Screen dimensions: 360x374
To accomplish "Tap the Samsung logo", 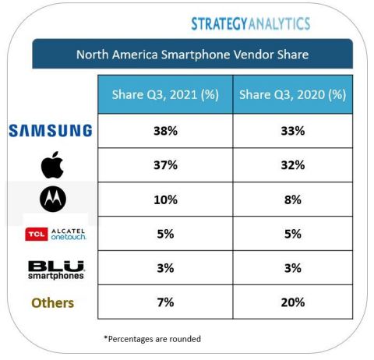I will point(51,131).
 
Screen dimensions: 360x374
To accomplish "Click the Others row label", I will point(52,302).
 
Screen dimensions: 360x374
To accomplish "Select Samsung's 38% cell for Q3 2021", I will point(164,131).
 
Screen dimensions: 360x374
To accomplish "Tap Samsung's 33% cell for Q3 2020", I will point(292,131).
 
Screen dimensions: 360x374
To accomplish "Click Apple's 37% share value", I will point(164,165).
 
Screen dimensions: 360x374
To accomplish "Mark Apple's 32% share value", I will point(292,165).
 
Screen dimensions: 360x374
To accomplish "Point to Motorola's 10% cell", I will point(164,199).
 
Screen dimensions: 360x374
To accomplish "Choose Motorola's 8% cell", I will point(292,199).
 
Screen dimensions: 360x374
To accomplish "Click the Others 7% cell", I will point(164,302).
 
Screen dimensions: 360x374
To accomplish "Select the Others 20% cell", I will point(292,302).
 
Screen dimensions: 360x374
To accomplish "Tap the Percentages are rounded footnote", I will point(153,339).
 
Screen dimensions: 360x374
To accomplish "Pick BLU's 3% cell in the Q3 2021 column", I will point(164,268).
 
